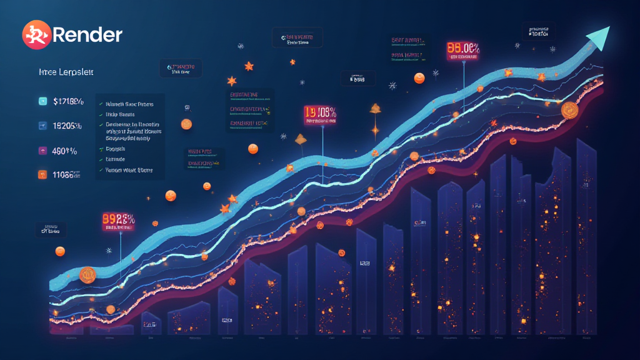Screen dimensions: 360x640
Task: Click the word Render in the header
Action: tap(87, 36)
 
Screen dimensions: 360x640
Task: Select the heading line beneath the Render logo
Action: tap(66, 72)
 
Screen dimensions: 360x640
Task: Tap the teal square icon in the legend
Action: tap(42, 100)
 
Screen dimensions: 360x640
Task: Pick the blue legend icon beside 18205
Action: tap(42, 125)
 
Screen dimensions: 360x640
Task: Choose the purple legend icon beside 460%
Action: tap(42, 150)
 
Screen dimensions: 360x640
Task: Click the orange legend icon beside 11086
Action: tap(42, 174)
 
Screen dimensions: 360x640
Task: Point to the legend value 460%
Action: tap(65, 150)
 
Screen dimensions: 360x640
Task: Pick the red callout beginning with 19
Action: tap(320, 113)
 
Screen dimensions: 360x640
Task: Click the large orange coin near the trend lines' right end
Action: tap(570, 111)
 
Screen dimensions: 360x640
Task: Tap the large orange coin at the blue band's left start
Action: tap(86, 274)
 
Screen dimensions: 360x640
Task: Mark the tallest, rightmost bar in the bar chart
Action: tap(586, 237)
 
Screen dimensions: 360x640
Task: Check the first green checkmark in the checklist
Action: tap(101, 104)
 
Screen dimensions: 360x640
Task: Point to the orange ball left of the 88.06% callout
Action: tap(419, 78)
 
